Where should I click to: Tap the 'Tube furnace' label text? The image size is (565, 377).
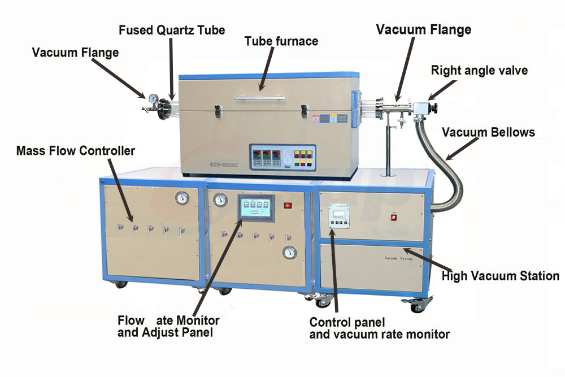(x=281, y=41)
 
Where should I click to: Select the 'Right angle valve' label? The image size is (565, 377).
(x=479, y=71)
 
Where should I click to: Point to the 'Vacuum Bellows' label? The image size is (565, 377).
(x=488, y=132)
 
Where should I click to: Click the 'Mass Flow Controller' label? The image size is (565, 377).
(x=76, y=151)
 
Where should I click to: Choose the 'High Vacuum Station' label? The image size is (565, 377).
(x=500, y=276)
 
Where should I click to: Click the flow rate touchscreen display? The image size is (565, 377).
(x=255, y=208)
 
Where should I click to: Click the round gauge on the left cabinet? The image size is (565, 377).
(x=182, y=198)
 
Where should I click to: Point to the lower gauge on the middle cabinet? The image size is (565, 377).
(x=290, y=252)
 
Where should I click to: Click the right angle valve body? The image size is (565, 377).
(x=422, y=107)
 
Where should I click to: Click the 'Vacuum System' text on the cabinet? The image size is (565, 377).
(x=398, y=258)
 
